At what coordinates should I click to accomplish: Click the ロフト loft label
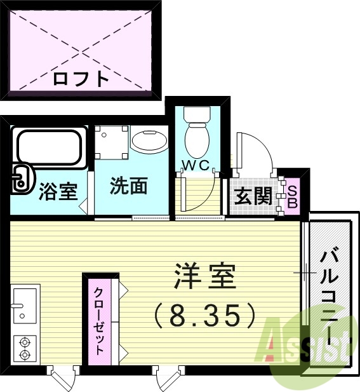pos(81,79)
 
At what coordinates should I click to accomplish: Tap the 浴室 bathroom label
pos(58,191)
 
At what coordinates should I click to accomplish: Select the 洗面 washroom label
pos(129,187)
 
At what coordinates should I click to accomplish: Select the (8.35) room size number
pos(205,313)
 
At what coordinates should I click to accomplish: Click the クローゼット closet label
pos(100,321)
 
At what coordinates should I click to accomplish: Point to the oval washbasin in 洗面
pos(150,140)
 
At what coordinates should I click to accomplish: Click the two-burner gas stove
pos(25,347)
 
